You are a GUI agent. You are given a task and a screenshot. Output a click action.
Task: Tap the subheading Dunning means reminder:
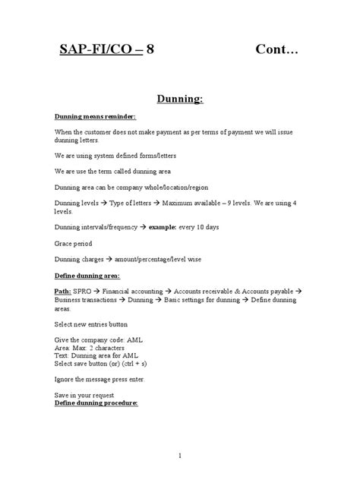(96, 117)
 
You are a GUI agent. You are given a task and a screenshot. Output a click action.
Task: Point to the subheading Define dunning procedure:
(97, 403)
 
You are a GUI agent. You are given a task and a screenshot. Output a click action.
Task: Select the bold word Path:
(66, 290)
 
